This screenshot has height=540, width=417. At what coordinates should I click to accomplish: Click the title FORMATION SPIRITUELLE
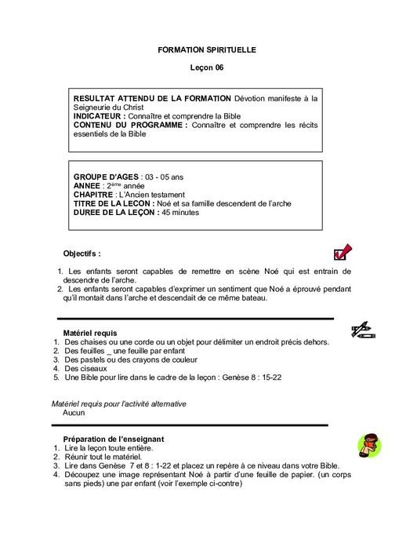pyautogui.click(x=207, y=50)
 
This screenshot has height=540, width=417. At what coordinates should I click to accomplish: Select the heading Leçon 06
pyautogui.click(x=207, y=68)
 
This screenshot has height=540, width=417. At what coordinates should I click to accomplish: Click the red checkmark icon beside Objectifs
pyautogui.click(x=343, y=252)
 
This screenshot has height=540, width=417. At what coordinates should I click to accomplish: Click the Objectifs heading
pyautogui.click(x=82, y=254)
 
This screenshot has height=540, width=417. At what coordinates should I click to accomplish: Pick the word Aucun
pyautogui.click(x=74, y=412)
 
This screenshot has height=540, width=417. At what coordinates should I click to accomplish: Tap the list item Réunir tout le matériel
pyautogui.click(x=103, y=456)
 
